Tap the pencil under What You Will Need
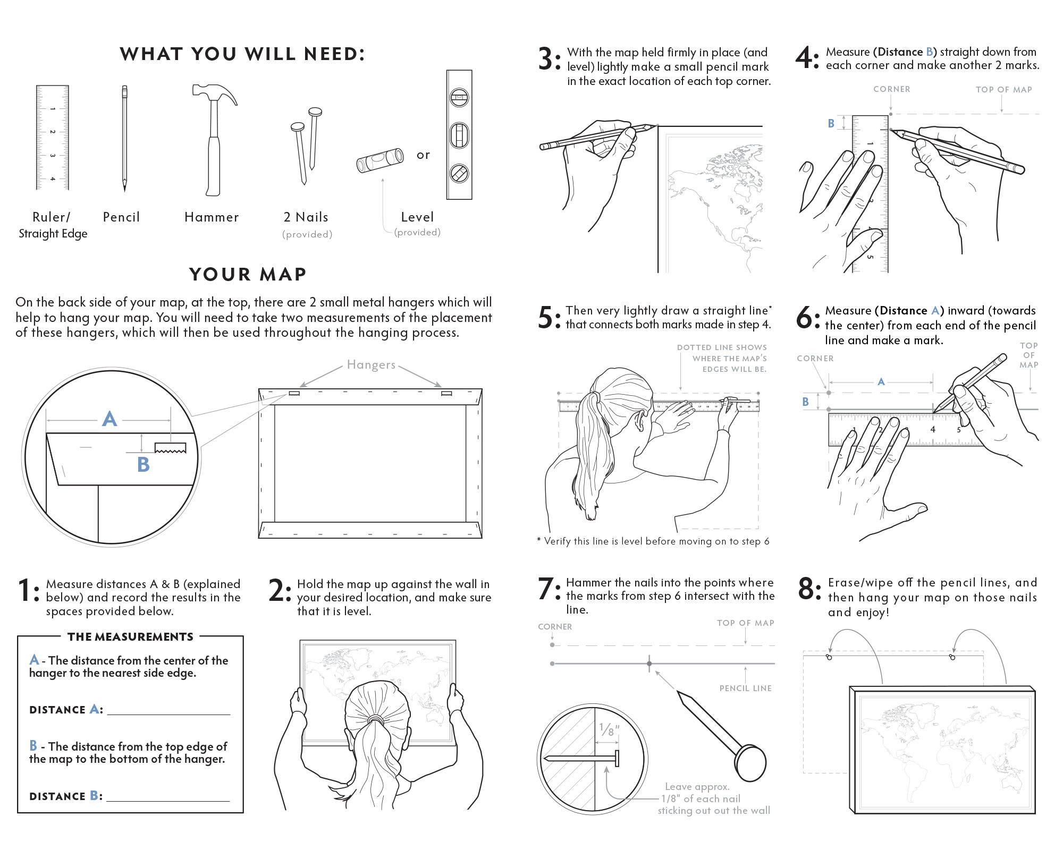coord(124,138)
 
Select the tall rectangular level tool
coord(459,135)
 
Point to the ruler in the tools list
coord(52,137)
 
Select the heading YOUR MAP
coord(248,274)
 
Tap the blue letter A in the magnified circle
coord(109,419)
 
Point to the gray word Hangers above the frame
coord(371,364)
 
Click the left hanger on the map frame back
coord(294,394)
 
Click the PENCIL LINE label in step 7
coord(745,688)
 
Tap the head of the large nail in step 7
coord(752,762)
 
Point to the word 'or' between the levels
coord(423,155)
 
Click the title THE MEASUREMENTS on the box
coord(130,636)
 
